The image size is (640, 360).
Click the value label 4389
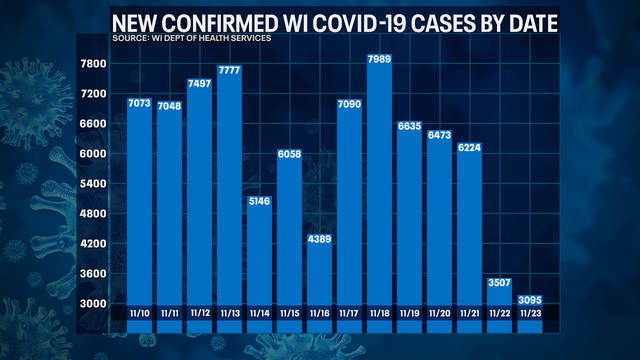(319, 240)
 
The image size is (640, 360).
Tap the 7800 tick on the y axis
(94, 64)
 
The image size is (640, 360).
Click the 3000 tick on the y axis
(94, 303)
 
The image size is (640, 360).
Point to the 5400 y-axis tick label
(94, 184)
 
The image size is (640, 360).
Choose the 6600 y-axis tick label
(94, 124)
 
